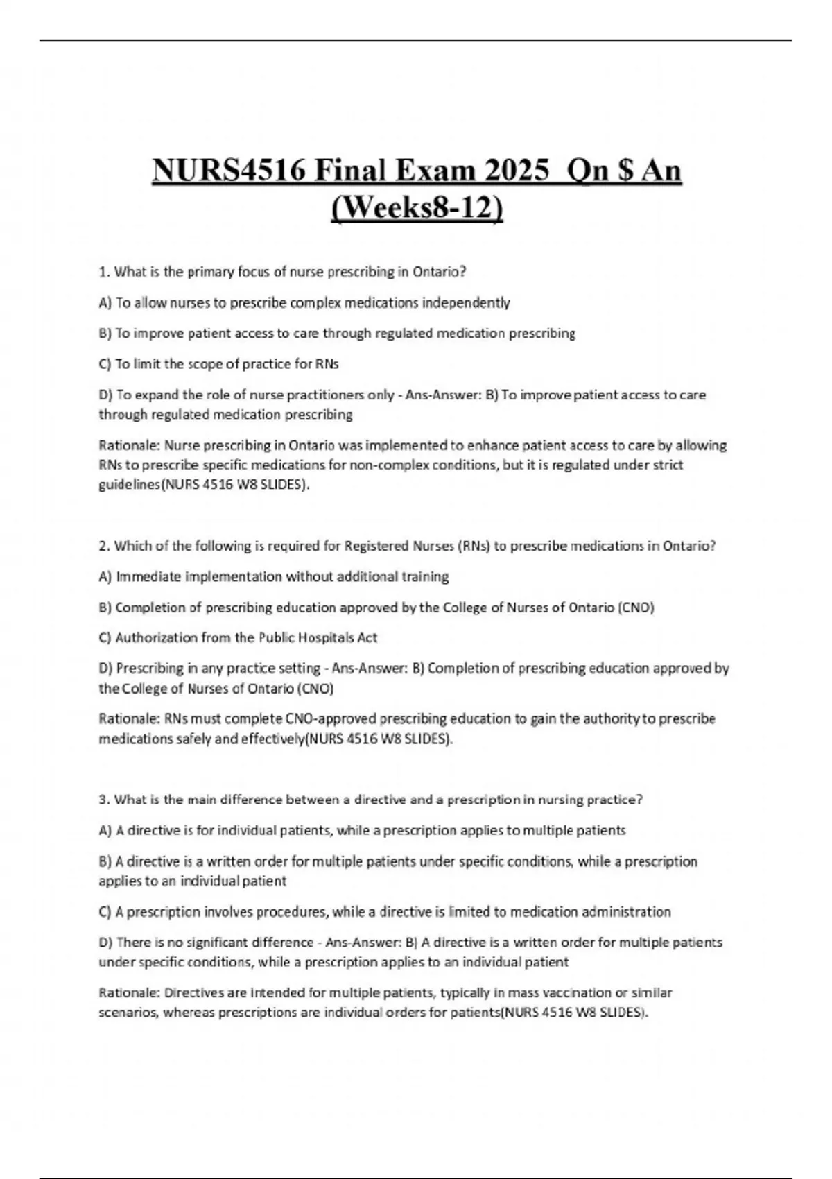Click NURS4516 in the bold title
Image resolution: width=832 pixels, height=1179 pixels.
(227, 170)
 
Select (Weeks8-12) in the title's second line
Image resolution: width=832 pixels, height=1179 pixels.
(417, 208)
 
